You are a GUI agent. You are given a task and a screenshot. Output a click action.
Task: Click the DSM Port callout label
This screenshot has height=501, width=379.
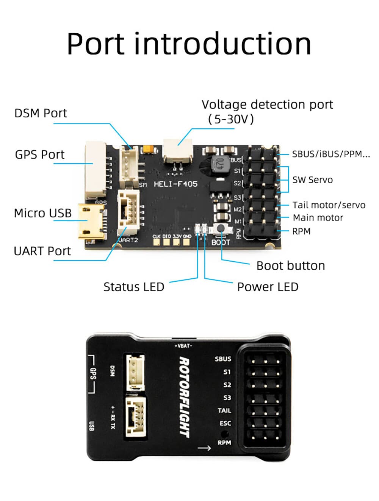pos(41,113)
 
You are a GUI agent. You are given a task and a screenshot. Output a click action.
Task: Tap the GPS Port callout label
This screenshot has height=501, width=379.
pos(40,155)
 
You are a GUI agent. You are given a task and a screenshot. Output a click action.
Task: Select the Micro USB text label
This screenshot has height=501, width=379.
pos(42,213)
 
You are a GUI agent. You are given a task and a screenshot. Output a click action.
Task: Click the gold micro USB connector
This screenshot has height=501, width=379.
pos(91,222)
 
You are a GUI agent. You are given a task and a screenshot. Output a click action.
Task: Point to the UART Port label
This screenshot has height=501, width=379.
pos(42,251)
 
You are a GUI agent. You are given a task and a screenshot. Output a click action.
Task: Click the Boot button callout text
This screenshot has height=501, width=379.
pos(290,266)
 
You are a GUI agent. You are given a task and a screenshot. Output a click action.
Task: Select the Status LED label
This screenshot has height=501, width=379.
pos(133,287)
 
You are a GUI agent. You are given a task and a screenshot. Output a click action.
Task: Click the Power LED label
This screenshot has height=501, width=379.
pos(268,287)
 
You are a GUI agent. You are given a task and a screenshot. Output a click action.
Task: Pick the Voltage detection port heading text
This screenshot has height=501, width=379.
pos(267,105)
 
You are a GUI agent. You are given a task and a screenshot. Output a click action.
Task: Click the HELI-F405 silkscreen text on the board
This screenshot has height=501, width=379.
pos(175,184)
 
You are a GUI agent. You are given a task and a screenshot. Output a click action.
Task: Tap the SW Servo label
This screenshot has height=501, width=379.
pos(312,180)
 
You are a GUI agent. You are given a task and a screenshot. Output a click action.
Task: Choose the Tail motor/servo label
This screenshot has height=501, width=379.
pos(329,205)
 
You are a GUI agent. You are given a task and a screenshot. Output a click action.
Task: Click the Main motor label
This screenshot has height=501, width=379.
pos(318,218)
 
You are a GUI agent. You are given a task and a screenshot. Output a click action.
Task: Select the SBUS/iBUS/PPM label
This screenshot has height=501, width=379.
pos(330,154)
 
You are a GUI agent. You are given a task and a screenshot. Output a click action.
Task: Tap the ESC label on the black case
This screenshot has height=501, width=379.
pos(225,423)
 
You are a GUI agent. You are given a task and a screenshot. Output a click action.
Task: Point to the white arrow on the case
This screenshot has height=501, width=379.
pos(204,448)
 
